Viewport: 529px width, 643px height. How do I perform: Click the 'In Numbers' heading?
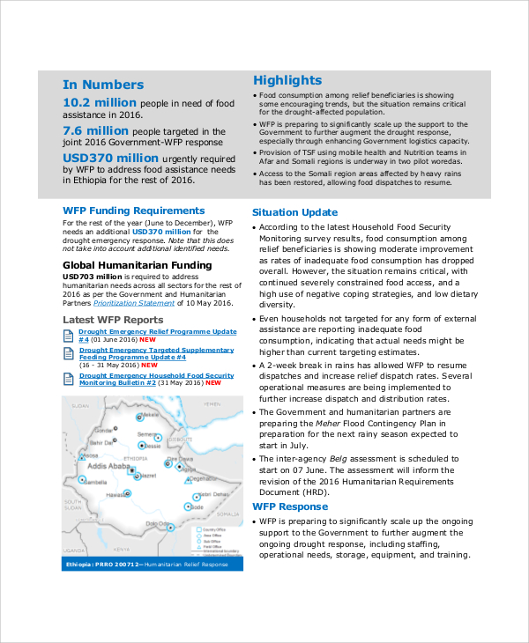point(102,85)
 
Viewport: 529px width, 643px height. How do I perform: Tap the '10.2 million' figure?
point(100,103)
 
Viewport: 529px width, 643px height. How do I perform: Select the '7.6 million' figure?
point(95,130)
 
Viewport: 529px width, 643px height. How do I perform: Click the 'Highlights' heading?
point(287,80)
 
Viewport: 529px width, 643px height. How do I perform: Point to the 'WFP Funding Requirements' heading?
point(134,211)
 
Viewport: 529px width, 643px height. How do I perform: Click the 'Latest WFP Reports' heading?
point(113,320)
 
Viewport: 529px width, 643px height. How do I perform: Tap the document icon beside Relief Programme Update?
point(70,335)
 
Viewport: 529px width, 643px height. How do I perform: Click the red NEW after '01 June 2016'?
point(147,340)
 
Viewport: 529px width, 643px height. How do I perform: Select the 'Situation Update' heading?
point(294,212)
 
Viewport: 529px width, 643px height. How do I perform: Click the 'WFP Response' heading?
point(290,506)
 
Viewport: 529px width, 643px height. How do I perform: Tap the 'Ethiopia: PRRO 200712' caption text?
point(102,564)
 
